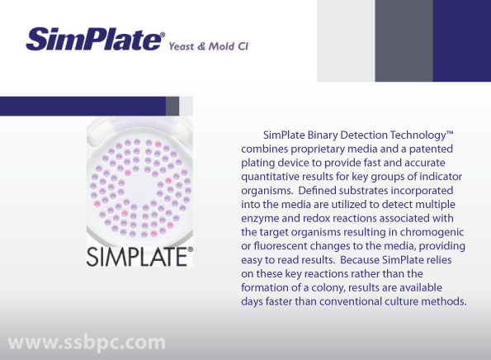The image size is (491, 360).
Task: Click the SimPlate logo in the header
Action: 95,39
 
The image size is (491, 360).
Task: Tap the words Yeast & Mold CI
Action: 209,46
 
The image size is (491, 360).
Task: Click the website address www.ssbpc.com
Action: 87,343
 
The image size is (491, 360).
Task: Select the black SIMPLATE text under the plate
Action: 139,257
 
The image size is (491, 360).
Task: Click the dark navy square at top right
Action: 462,40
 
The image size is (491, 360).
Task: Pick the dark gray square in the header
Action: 404,40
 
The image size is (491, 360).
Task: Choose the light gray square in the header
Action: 346,40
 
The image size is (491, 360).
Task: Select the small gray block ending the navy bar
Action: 172,106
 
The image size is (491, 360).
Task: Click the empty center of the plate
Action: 140,188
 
